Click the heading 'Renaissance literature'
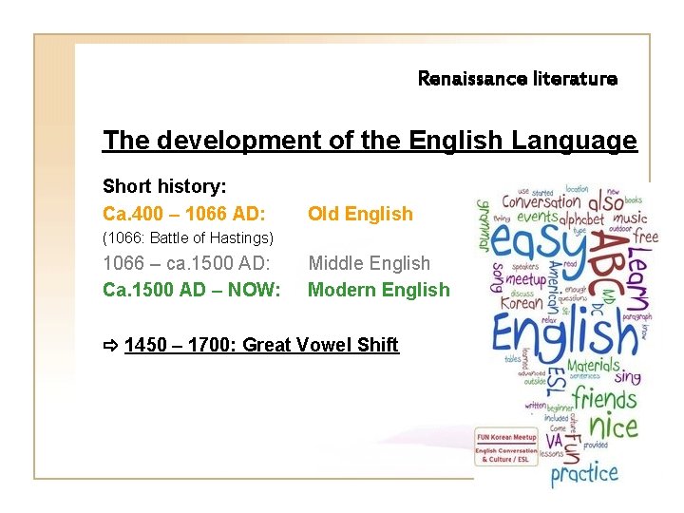[517, 79]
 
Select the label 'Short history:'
[163, 185]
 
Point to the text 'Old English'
[360, 214]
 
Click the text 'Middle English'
[369, 263]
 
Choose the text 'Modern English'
[378, 290]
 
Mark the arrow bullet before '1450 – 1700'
[111, 345]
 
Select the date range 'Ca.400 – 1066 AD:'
[183, 214]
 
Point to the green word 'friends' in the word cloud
[606, 396]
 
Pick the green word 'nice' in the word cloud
[612, 427]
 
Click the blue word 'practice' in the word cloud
[584, 472]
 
